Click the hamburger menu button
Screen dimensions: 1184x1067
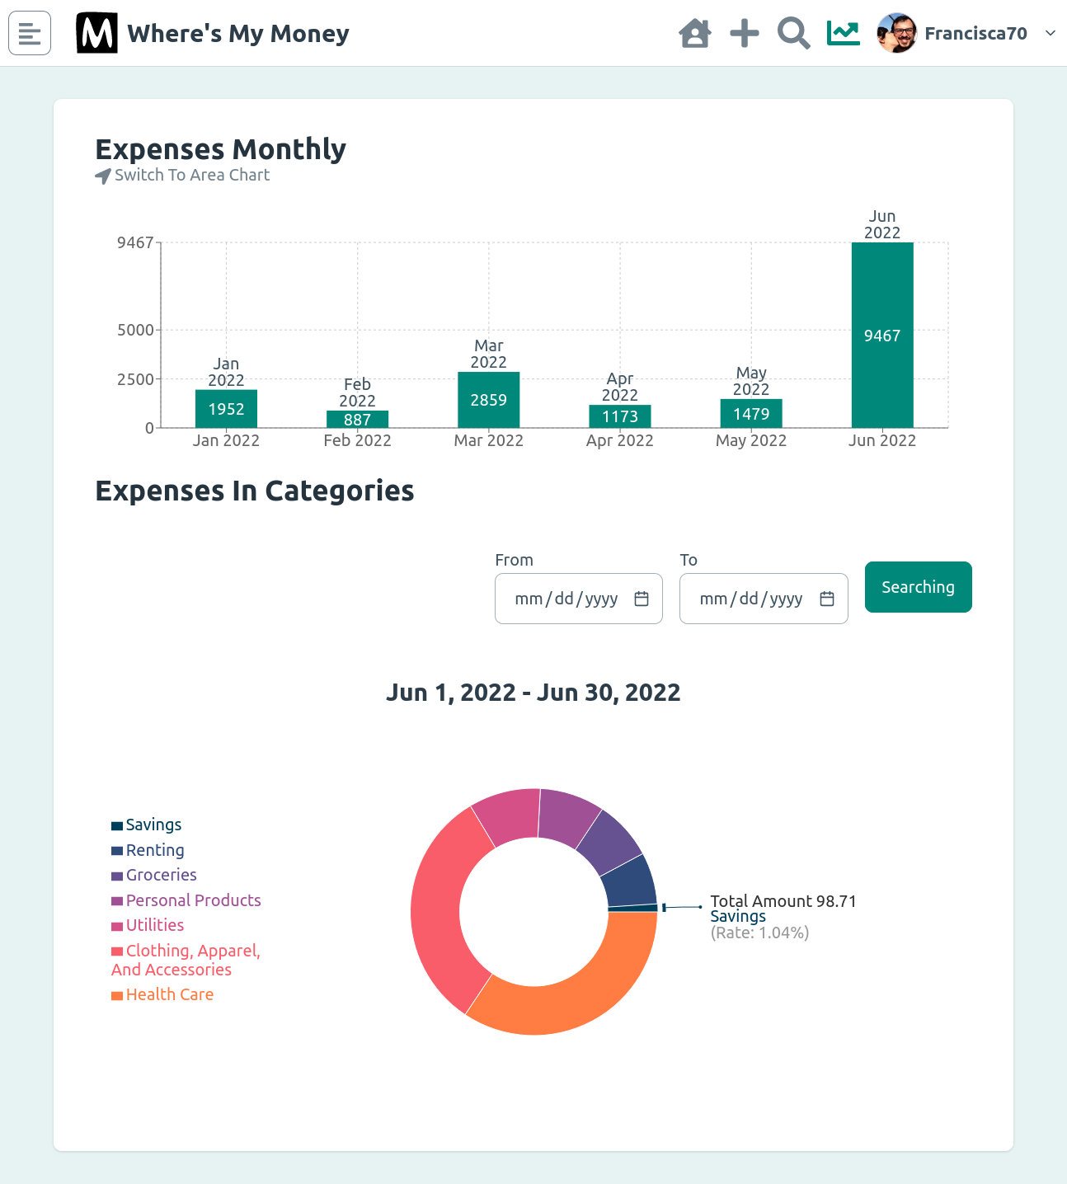point(30,33)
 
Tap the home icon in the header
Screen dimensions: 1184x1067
point(694,34)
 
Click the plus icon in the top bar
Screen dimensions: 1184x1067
point(744,34)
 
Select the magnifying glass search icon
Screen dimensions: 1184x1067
point(793,34)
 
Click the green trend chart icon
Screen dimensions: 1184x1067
point(843,34)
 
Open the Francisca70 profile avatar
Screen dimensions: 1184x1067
point(897,34)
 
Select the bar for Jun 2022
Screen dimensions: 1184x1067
point(882,335)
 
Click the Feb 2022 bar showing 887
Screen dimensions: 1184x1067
point(357,419)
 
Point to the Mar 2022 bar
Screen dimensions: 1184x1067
point(488,400)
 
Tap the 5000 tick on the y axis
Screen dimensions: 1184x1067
point(135,330)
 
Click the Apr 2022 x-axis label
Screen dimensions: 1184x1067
point(619,441)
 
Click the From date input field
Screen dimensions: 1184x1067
point(569,599)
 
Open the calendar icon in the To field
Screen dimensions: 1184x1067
point(827,599)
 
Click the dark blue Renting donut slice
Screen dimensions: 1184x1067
point(630,881)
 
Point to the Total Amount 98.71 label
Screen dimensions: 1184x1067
point(783,901)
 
